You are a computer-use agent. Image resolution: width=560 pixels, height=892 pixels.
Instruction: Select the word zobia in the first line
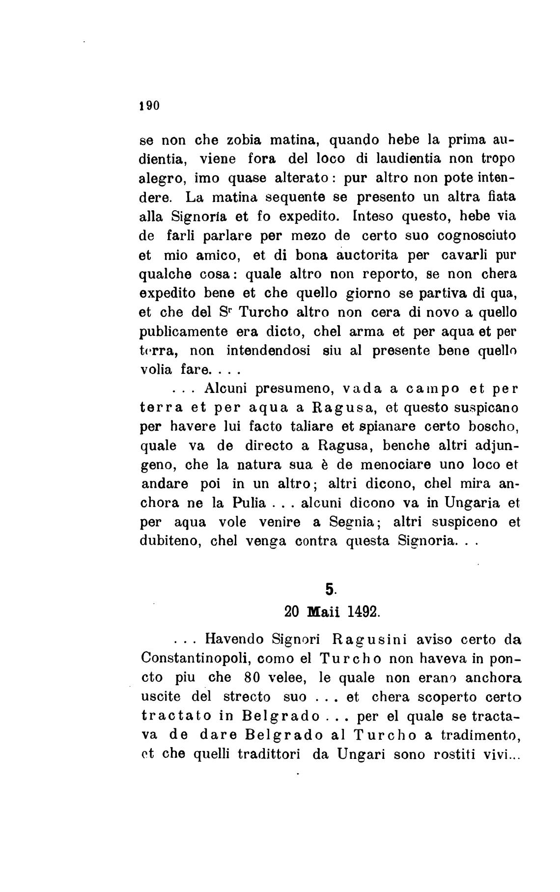[245, 140]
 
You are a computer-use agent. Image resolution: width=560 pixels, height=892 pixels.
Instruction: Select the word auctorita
[353, 255]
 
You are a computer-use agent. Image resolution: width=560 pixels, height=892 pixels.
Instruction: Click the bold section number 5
[329, 588]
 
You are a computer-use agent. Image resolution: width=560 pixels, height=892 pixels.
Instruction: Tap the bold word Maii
[323, 612]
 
